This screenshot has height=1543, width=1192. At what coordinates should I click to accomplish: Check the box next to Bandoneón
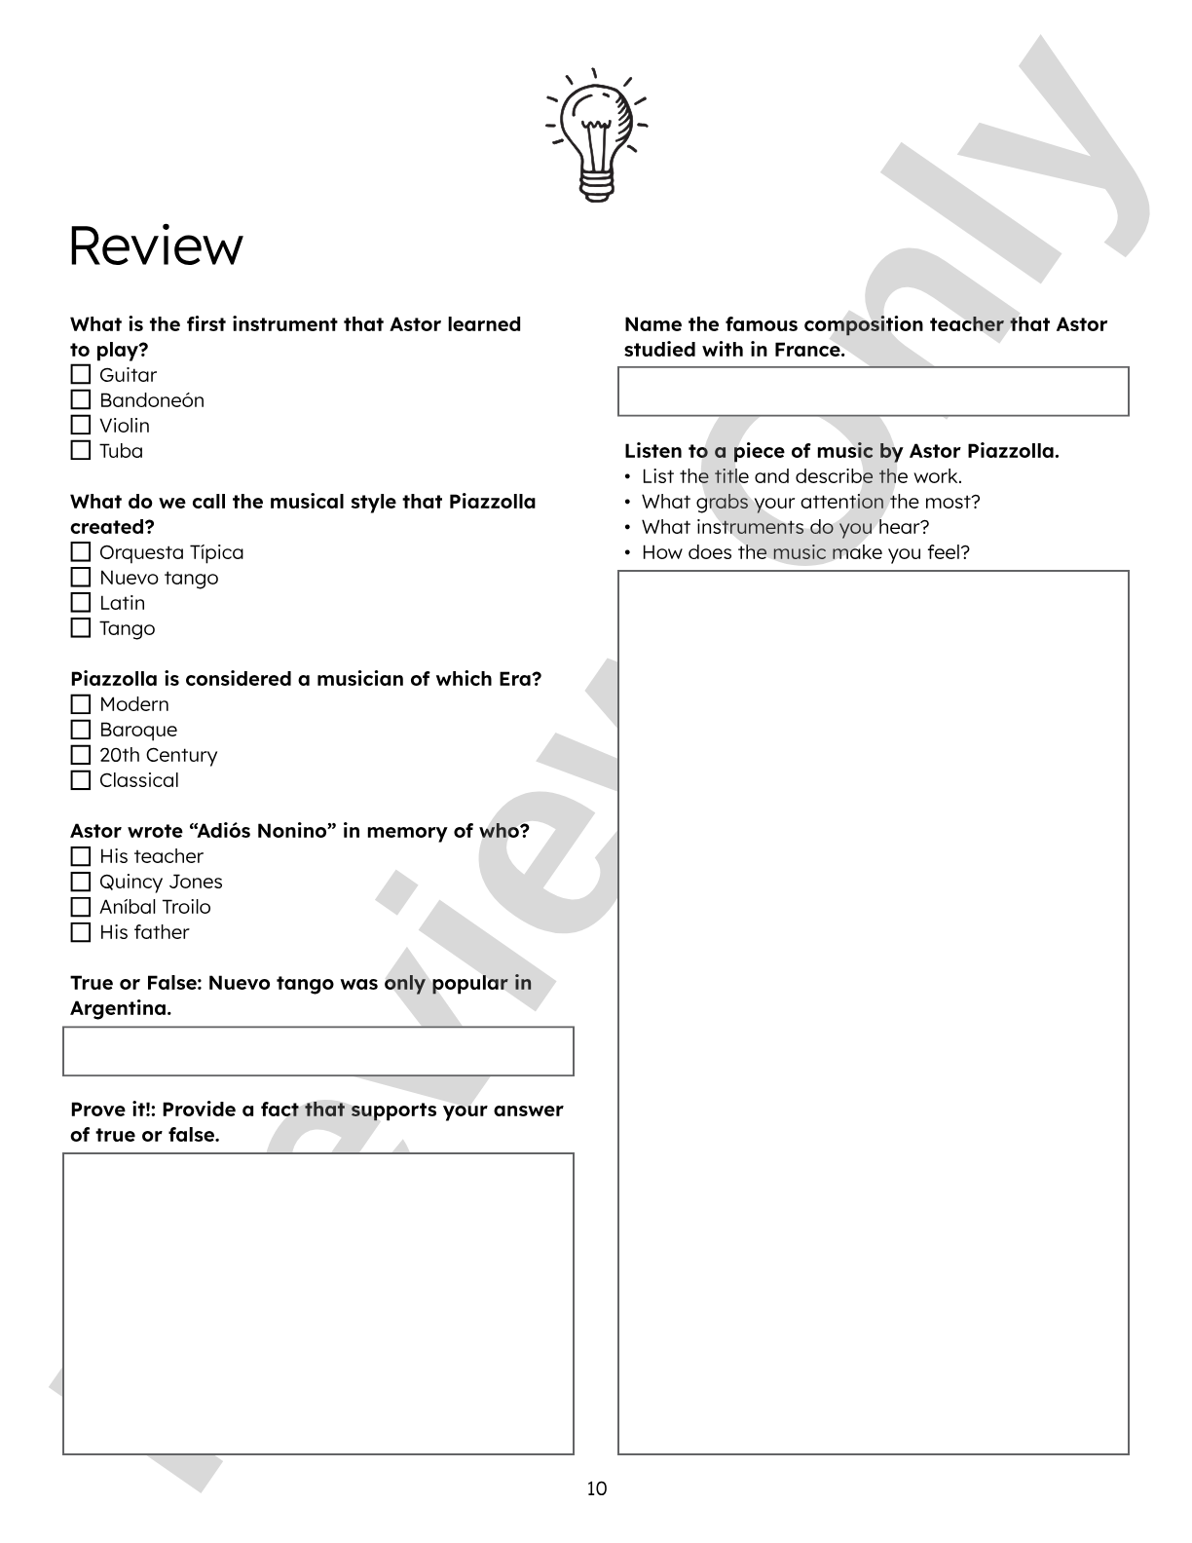pyautogui.click(x=81, y=400)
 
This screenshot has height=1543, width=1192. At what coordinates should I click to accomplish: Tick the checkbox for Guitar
pyautogui.click(x=81, y=375)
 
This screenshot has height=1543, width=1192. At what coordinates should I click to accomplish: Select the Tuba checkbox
pyautogui.click(x=81, y=451)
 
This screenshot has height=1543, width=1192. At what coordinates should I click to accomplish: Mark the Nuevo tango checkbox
pyautogui.click(x=81, y=578)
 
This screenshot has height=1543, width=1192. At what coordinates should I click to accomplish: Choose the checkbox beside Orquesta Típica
pyautogui.click(x=81, y=552)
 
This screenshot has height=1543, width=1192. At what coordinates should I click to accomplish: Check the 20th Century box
pyautogui.click(x=81, y=755)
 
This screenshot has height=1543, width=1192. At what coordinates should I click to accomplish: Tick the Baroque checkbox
pyautogui.click(x=81, y=730)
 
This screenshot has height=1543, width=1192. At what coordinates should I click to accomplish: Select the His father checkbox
pyautogui.click(x=81, y=932)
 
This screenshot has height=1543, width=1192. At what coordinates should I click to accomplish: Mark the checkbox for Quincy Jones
pyautogui.click(x=81, y=882)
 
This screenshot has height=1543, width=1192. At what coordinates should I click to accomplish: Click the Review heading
pyautogui.click(x=156, y=246)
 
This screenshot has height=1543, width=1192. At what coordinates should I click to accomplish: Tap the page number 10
pyautogui.click(x=596, y=1488)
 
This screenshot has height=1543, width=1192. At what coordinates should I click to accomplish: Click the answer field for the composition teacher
pyautogui.click(x=873, y=392)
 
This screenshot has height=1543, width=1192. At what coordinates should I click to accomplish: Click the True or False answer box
pyautogui.click(x=318, y=1051)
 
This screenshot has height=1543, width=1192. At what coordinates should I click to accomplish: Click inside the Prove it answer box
pyautogui.click(x=318, y=1303)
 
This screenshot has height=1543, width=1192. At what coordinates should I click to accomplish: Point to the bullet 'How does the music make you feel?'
pyautogui.click(x=805, y=552)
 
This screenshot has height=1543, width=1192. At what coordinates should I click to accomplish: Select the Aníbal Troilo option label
pyautogui.click(x=155, y=907)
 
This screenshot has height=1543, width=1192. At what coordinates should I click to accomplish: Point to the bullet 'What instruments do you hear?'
pyautogui.click(x=785, y=527)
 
